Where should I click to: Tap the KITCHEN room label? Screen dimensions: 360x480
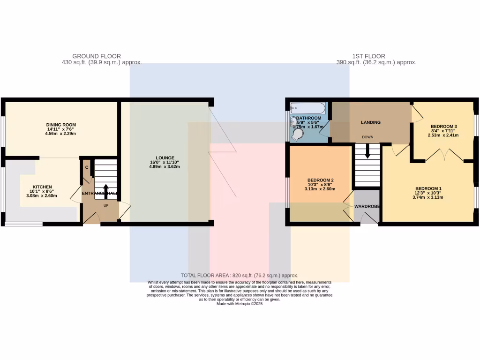[42, 187]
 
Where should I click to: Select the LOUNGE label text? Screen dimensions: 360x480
[165, 157]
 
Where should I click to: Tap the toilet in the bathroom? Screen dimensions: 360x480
[296, 135]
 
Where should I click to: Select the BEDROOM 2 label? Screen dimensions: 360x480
[320, 180]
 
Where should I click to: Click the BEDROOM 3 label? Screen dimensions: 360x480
[443, 127]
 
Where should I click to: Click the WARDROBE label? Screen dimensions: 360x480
[367, 206]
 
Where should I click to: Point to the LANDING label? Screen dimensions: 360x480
[370, 122]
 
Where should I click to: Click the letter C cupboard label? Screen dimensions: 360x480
[87, 167]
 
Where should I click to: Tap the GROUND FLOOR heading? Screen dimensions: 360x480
[97, 56]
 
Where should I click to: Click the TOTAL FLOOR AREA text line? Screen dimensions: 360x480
[239, 276]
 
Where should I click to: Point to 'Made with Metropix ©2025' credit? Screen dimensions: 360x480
[239, 304]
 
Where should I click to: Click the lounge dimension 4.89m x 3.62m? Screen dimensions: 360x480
[165, 167]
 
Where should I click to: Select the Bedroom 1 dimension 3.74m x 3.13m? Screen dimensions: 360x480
[428, 197]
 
